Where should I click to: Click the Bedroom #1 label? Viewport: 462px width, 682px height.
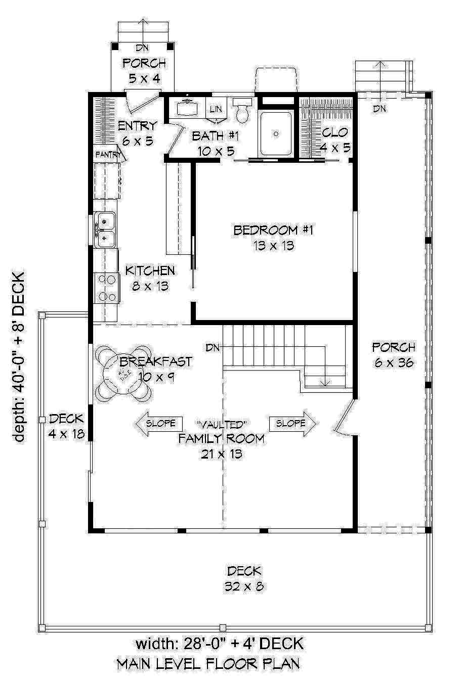(x=273, y=238)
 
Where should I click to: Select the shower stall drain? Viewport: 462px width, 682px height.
(x=276, y=134)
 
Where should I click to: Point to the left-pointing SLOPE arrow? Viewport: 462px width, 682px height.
(x=157, y=423)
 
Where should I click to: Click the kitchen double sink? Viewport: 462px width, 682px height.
(x=106, y=229)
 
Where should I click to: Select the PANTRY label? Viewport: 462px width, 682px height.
(x=108, y=155)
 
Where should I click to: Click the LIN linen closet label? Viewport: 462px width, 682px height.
(x=216, y=109)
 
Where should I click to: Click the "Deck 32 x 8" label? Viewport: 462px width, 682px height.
(x=244, y=579)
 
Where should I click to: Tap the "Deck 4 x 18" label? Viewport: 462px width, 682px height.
(x=66, y=426)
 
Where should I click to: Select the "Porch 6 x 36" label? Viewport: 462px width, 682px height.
(x=394, y=354)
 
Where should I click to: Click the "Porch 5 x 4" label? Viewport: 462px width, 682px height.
(x=144, y=71)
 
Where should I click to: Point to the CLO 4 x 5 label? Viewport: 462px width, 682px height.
(x=334, y=140)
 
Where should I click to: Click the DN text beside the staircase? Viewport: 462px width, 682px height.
(x=213, y=348)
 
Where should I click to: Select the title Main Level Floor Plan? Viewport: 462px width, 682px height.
(x=208, y=663)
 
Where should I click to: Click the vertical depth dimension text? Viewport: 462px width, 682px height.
(x=19, y=358)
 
